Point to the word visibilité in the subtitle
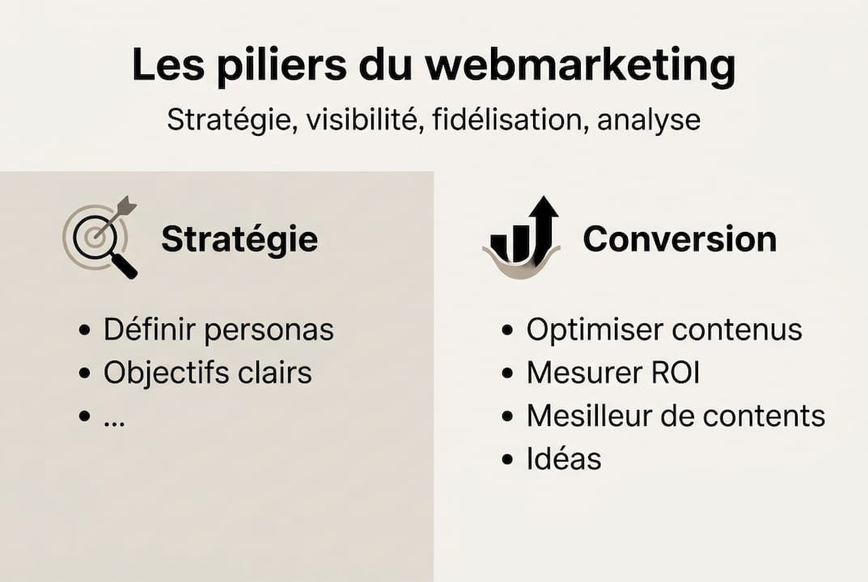(365, 120)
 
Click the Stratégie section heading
(239, 239)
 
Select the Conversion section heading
(680, 239)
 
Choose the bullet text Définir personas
(218, 330)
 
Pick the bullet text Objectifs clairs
(207, 373)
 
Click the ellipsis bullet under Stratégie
(114, 417)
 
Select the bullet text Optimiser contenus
(663, 330)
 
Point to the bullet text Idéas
(564, 459)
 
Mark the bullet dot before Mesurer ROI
(507, 373)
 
